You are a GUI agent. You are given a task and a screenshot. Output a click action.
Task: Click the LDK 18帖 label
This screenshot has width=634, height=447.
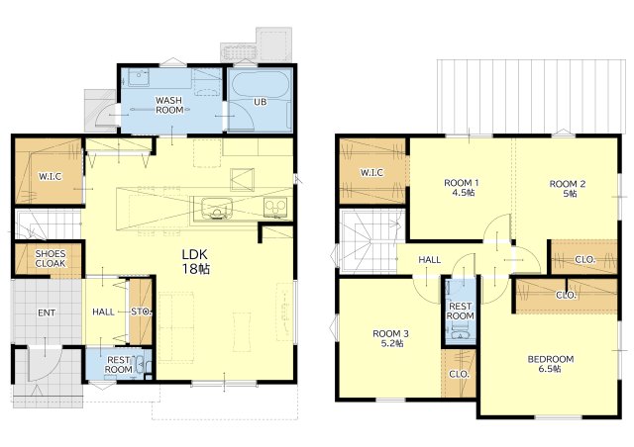[196, 261]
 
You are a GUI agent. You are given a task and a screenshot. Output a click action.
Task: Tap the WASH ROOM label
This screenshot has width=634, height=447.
[169, 105]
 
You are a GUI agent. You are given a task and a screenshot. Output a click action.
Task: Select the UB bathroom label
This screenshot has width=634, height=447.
[260, 102]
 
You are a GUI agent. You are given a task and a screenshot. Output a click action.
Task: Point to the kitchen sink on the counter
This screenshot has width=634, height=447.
[217, 208]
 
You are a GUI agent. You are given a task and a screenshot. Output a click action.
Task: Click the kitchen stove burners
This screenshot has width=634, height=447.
[275, 208]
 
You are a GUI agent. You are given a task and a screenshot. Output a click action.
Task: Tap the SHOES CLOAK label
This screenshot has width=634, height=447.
[51, 258]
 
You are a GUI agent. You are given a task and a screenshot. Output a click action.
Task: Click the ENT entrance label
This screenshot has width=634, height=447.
[47, 313]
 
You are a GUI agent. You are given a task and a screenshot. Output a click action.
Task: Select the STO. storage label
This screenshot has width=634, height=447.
[141, 312]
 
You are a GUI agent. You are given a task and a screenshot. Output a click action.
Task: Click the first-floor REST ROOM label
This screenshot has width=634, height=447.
[119, 365]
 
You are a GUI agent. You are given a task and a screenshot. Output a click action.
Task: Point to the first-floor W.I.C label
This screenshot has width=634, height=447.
[51, 176]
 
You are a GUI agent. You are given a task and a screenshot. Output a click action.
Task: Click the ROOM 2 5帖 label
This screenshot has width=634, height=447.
[568, 189]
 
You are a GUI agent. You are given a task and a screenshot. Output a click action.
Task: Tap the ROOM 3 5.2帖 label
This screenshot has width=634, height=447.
[390, 338]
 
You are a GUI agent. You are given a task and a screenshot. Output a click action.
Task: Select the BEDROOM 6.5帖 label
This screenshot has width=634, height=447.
[551, 363]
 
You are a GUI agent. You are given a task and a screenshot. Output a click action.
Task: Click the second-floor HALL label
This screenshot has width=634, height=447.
[429, 260]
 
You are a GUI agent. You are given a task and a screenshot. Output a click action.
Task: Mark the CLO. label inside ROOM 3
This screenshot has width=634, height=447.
[459, 375]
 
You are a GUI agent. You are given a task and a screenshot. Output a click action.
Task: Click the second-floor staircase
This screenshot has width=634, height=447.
[369, 241]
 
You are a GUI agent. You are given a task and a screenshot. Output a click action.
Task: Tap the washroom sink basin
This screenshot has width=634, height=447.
[139, 77]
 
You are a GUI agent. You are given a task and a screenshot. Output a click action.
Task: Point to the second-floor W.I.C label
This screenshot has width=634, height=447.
[372, 173]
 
